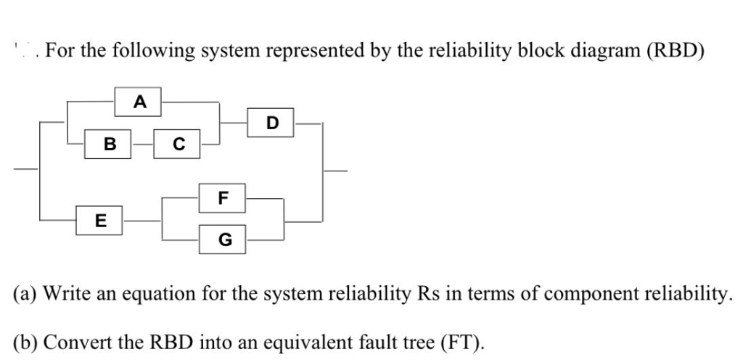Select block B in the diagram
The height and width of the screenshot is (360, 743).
[x=109, y=144]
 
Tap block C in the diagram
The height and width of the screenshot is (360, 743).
[x=178, y=144]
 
